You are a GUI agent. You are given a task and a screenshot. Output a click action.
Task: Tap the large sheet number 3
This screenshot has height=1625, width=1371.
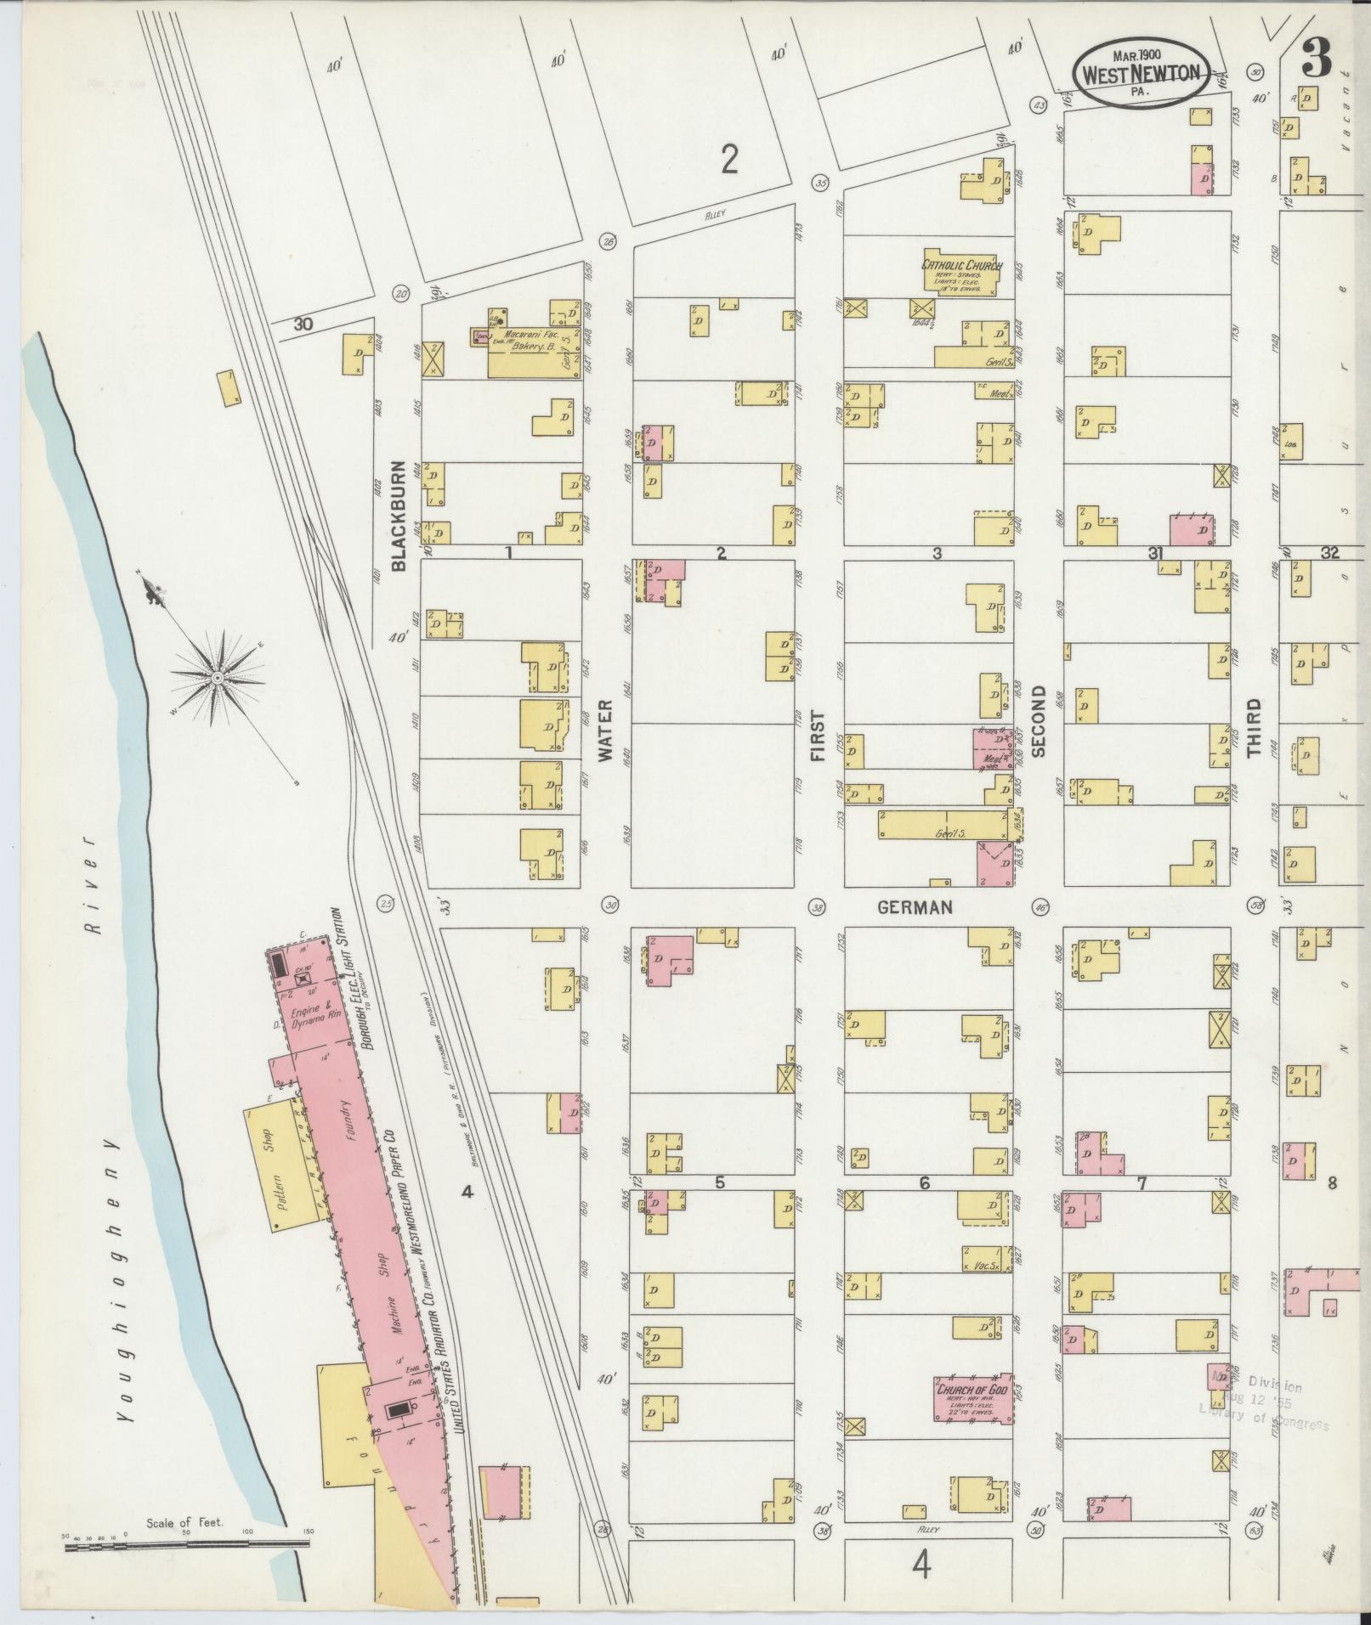click(x=1316, y=57)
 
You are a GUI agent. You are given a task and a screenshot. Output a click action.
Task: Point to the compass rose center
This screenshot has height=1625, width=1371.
click(x=218, y=677)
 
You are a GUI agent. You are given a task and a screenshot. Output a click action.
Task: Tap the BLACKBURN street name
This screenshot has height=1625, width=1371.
click(x=399, y=515)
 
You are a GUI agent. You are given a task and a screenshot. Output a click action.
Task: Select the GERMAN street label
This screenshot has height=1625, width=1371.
click(x=915, y=907)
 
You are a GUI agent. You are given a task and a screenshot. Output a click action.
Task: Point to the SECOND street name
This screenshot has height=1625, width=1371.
click(x=1038, y=731)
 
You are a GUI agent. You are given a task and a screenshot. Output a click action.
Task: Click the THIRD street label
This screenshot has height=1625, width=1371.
click(x=1254, y=728)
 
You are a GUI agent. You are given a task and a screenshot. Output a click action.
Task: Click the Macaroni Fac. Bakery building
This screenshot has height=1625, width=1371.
click(x=531, y=351)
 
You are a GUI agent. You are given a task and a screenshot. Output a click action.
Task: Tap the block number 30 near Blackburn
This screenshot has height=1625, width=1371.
click(x=303, y=324)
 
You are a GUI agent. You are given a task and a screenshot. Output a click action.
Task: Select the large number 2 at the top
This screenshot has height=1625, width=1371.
click(x=728, y=159)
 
